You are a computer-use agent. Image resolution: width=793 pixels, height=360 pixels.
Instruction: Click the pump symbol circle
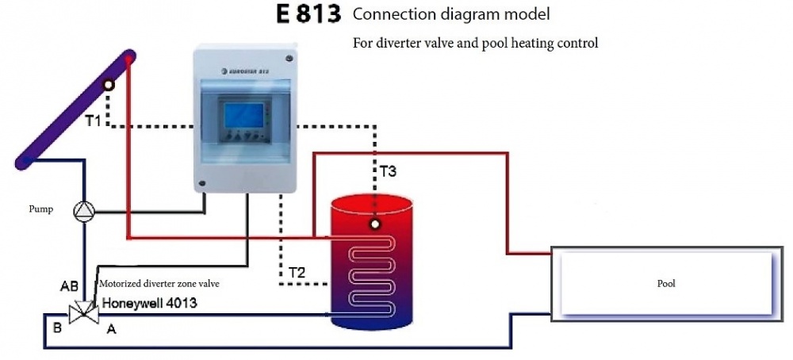[84, 211]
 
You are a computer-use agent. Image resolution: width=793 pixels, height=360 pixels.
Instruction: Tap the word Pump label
[41, 211]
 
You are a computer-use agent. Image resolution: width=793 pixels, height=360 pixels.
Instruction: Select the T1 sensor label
[94, 121]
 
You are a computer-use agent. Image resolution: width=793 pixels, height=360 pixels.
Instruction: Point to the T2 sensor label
[297, 273]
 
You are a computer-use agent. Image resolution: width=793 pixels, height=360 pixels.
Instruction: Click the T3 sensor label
[388, 170]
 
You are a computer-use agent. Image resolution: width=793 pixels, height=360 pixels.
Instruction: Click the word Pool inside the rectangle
[666, 283]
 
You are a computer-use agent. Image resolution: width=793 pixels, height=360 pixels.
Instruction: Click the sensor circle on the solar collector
[108, 85]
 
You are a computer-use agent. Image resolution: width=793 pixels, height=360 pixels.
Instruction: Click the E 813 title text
[308, 15]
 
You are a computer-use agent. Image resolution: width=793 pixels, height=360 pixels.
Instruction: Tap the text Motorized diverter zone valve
[158, 283]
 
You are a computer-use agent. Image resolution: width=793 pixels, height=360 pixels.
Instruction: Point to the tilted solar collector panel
[75, 111]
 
